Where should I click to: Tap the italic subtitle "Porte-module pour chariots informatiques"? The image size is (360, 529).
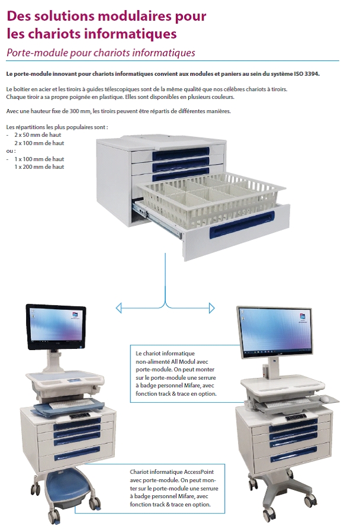tap(101, 53)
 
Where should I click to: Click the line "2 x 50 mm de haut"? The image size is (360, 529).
tap(38, 135)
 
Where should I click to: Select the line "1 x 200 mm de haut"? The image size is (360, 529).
tap(40, 167)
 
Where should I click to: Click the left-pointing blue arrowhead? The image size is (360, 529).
tap(119, 307)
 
